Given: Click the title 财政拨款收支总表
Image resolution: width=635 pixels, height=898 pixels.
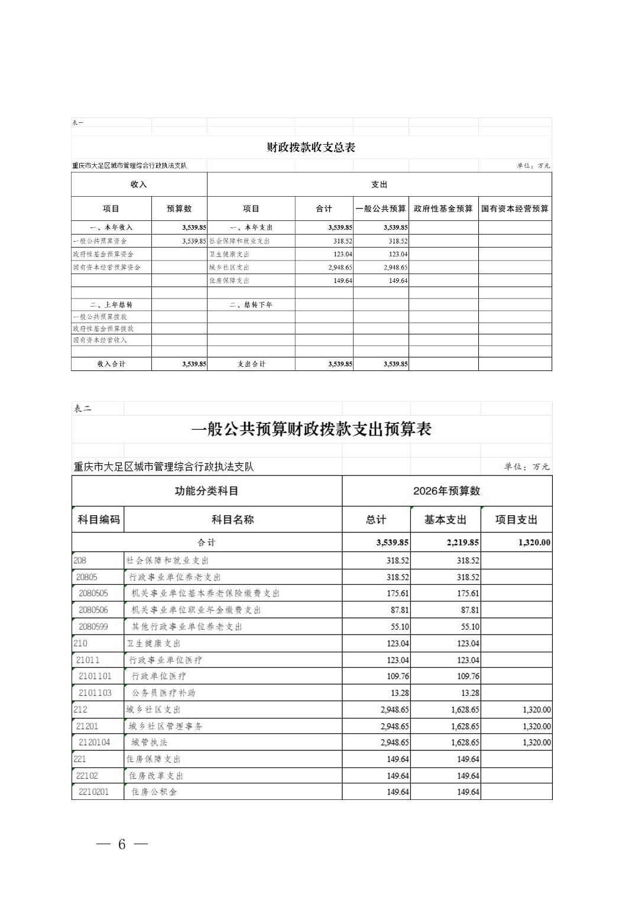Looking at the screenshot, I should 310,148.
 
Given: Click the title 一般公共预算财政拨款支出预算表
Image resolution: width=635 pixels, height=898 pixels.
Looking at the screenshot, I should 312,429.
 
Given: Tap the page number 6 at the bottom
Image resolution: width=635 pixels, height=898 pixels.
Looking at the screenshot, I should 122,844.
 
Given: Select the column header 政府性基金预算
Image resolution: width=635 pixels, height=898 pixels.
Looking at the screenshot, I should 443,209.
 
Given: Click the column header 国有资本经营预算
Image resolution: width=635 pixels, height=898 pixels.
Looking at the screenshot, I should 514,209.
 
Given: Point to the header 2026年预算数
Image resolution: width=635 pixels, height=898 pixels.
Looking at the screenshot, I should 446,491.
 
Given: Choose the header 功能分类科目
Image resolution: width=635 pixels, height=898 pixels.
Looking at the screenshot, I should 206,491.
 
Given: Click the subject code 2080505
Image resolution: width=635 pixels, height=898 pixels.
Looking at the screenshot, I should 93,593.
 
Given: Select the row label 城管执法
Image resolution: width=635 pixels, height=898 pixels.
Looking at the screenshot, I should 150,742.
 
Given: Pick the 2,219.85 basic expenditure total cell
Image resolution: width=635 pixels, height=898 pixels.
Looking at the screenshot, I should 462,542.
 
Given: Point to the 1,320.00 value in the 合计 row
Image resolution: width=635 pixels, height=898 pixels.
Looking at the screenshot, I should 534,542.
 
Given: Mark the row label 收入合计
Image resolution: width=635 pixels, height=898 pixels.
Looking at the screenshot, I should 111,364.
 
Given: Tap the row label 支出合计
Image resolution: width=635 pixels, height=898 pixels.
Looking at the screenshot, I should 251,364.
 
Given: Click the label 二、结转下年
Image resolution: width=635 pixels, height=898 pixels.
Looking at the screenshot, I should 251,305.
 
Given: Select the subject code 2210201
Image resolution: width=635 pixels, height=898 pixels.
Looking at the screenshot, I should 94,792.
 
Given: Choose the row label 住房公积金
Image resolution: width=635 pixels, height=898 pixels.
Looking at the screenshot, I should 154,792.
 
